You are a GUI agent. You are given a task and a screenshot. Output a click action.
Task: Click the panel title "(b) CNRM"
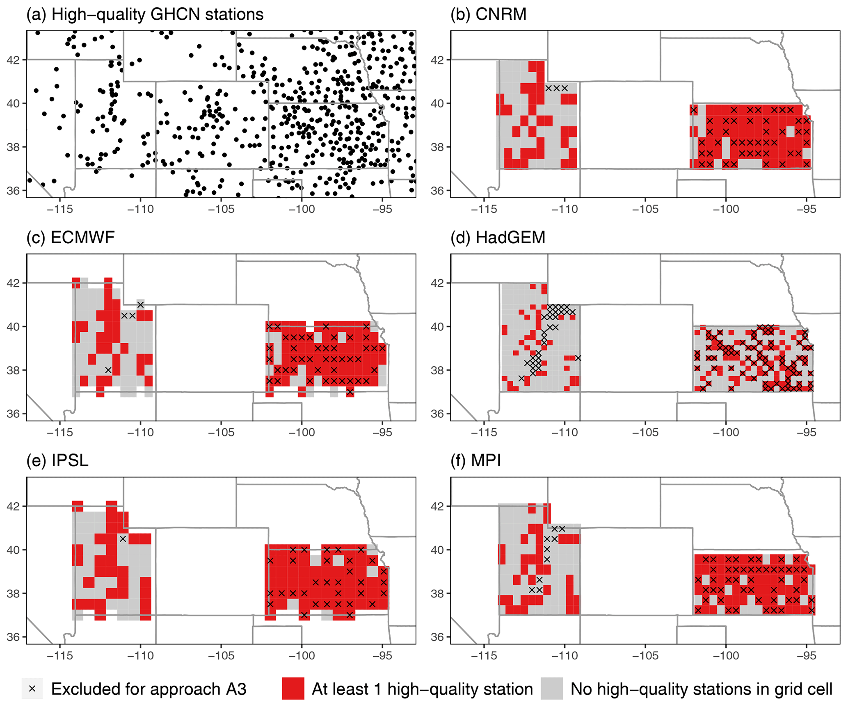[x=488, y=14]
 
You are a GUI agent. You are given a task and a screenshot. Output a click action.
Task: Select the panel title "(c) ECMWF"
[x=70, y=237]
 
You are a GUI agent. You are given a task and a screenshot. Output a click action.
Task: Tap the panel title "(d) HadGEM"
[x=498, y=237]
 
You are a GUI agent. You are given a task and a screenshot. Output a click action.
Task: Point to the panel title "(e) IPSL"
[x=57, y=461]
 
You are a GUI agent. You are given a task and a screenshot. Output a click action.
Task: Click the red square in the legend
[x=293, y=689]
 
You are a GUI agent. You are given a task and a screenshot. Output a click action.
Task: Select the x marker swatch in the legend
[x=32, y=689]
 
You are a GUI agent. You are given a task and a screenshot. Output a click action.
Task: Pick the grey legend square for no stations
[x=552, y=689]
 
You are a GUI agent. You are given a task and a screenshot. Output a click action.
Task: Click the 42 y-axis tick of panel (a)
[x=13, y=60]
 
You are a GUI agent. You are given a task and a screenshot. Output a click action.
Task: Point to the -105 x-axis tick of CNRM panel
[x=645, y=209]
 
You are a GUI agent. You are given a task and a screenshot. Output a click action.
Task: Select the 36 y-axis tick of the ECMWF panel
[x=13, y=413]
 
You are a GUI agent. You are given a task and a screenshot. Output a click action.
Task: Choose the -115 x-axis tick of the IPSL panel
[x=60, y=655]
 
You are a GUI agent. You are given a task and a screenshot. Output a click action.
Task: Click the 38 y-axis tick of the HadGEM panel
[x=437, y=370]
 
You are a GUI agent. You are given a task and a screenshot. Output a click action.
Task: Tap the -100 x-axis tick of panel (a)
[x=302, y=209]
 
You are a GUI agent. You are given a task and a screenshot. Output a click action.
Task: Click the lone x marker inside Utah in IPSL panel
[x=123, y=539]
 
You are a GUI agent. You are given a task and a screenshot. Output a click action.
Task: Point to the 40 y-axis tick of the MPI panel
[x=437, y=550]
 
